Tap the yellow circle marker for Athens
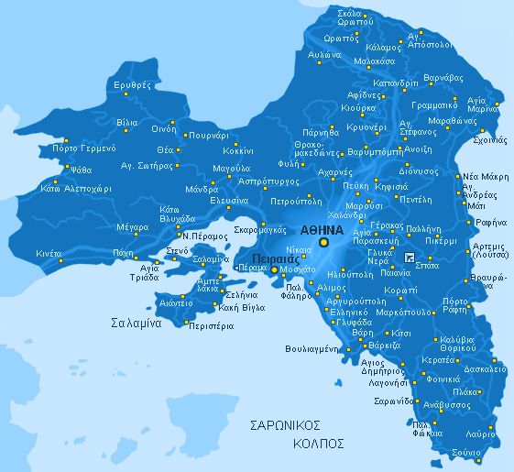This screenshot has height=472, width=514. click(x=323, y=242)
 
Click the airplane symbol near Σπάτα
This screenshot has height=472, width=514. click(x=409, y=255)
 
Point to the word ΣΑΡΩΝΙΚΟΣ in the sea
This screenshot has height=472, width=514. click(x=288, y=425)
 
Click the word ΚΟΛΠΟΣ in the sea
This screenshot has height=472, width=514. click(x=319, y=443)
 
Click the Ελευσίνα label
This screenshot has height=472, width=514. click(x=229, y=200)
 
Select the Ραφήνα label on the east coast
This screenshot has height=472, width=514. click(x=484, y=222)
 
